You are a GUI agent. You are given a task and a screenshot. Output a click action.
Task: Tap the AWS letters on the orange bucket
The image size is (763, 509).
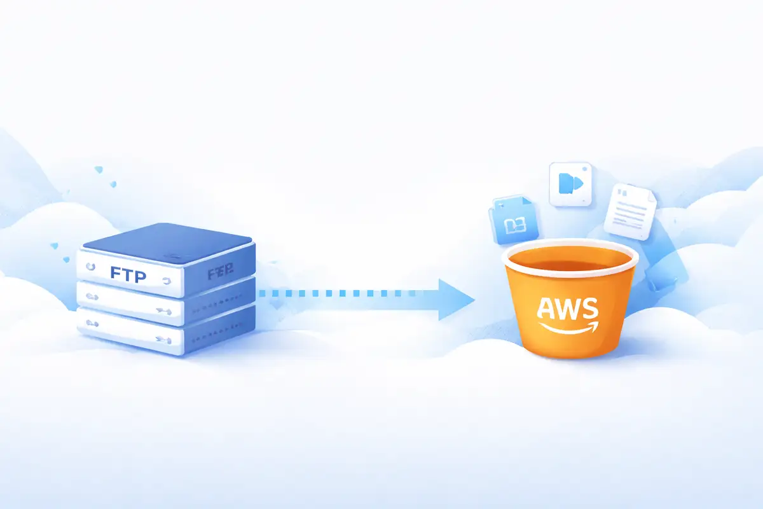coord(568,309)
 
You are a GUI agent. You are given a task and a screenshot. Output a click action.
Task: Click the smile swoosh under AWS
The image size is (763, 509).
coord(569,327)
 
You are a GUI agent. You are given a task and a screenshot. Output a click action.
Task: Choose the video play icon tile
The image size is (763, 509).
coord(570,184)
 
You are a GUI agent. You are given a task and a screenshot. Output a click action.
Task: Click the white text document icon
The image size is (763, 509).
coord(629,211)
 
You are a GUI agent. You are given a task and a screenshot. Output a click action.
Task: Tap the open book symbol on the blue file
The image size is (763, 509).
coord(514,225)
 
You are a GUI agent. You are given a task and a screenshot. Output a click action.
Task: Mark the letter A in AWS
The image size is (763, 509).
coord(548,309)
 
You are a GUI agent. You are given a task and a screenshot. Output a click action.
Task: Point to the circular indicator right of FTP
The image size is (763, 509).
coord(167,281)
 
